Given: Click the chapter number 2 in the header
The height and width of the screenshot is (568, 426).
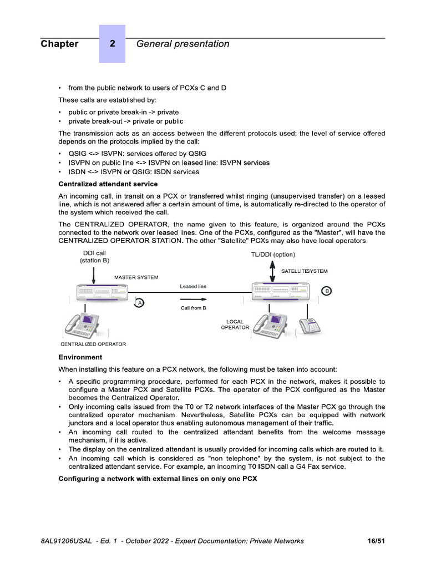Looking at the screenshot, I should pos(112,44).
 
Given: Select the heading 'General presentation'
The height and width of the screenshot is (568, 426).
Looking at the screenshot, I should pos(182,44).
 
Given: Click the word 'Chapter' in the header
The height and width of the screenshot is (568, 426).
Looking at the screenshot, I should pos(59,44).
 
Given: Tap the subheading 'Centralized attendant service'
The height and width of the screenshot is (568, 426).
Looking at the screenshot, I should pos(108,184).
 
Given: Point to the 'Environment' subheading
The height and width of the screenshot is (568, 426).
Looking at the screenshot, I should pos(80,357).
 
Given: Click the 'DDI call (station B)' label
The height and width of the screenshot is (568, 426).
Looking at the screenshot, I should pos(94,257).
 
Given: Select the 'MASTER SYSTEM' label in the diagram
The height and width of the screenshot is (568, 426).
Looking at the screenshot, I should pos(136,277).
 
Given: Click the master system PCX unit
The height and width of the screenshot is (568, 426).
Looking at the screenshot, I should pos(104,292).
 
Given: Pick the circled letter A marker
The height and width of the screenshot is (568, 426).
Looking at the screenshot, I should pos(140,302).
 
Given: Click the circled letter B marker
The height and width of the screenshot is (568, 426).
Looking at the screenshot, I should pos(327,291).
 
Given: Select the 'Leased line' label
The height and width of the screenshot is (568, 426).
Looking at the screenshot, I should pos(193,286).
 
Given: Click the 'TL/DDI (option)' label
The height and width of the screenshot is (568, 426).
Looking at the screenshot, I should pos(273,254).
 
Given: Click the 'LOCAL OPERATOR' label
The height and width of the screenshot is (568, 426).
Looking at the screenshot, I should pos(235,324).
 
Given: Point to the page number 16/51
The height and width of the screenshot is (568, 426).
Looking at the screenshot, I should pos(376,541).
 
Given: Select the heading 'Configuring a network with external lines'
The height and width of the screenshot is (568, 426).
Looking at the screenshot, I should pos(158,479).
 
